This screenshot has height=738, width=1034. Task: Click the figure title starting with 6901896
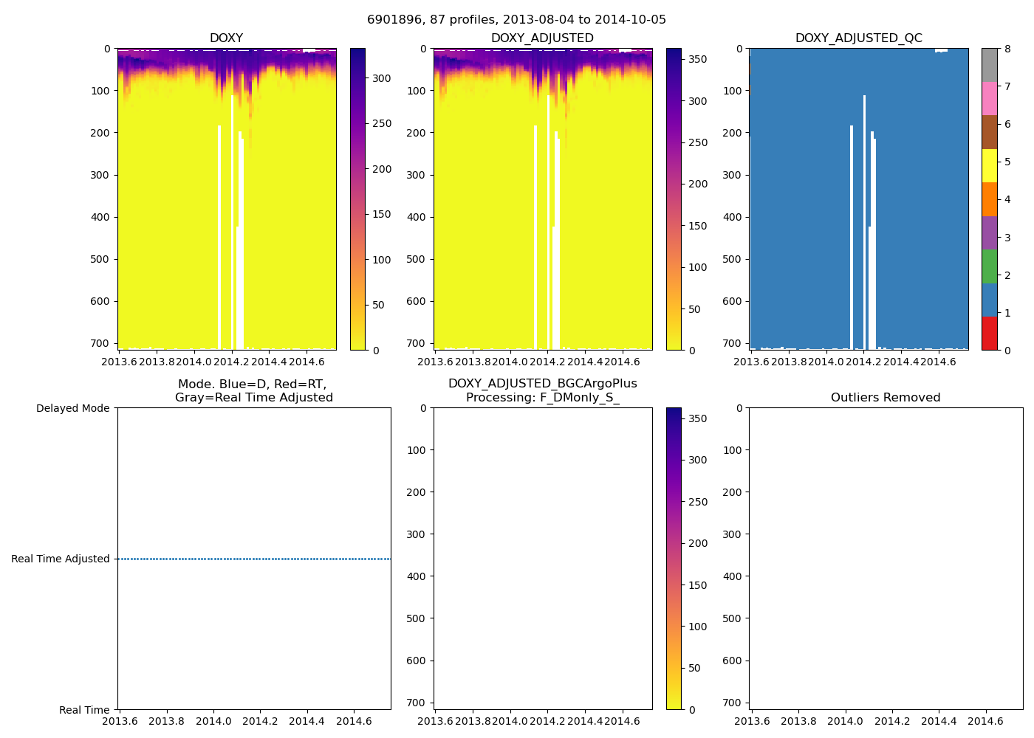coord(516,20)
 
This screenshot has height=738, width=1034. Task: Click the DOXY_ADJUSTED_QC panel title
coord(858,38)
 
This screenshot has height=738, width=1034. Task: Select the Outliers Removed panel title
coord(885,398)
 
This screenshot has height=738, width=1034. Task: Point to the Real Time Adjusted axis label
coord(61,559)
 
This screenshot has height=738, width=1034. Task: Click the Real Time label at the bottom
coord(84,710)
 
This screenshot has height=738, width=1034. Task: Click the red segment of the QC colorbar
coord(989,334)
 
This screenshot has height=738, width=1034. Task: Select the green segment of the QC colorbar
coord(989,266)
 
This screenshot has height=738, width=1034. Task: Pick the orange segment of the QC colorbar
coord(989,199)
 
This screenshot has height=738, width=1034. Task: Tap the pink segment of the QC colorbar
coord(989,98)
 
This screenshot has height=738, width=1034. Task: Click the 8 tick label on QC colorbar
coord(1007,49)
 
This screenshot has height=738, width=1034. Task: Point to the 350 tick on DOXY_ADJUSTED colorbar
coord(697,59)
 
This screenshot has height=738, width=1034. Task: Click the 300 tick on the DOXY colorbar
coord(381,78)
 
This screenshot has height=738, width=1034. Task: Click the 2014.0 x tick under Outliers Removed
coord(845,721)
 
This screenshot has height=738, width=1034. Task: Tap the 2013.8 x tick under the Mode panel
coord(166,721)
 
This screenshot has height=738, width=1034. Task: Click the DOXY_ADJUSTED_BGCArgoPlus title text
coord(542,384)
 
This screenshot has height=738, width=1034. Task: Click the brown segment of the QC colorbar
coord(989,132)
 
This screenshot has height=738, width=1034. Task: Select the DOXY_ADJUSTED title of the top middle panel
coord(542,38)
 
